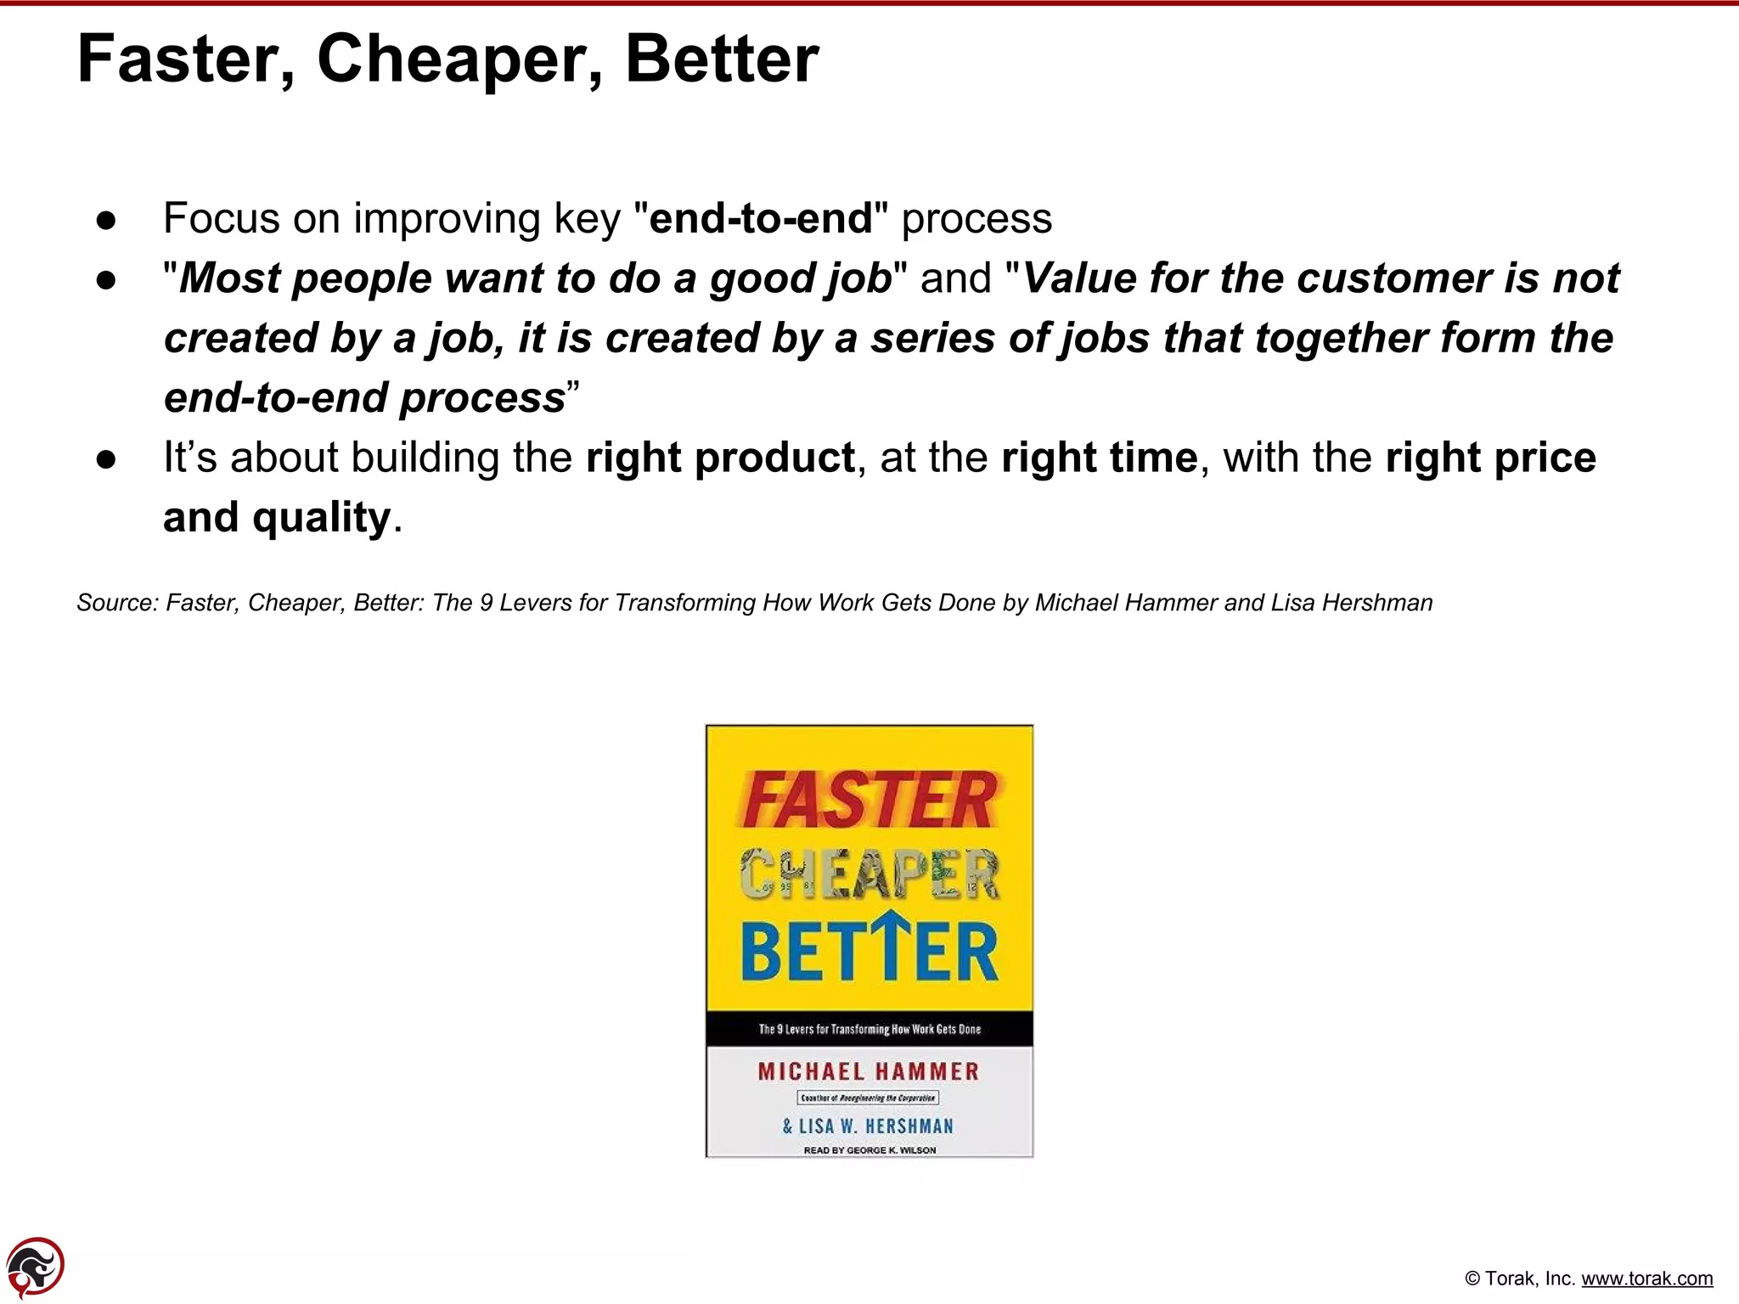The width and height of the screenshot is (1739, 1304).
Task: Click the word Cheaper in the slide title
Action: pyautogui.click(x=459, y=59)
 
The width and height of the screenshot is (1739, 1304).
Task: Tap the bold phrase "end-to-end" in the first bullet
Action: pyautogui.click(x=761, y=218)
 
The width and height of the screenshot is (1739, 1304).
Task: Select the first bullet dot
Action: pyautogui.click(x=106, y=221)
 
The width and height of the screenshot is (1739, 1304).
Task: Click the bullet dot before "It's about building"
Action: pyautogui.click(x=106, y=460)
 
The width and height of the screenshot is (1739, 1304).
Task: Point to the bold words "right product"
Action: pyautogui.click(x=720, y=458)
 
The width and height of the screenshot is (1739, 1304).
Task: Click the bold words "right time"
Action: pyautogui.click(x=1099, y=458)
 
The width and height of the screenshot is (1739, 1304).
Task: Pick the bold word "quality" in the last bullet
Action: pyautogui.click(x=322, y=518)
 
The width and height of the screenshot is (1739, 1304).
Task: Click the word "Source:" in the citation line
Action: pyautogui.click(x=117, y=603)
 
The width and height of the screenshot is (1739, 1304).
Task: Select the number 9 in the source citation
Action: pyautogui.click(x=486, y=603)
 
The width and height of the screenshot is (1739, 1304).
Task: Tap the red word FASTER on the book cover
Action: pyautogui.click(x=869, y=800)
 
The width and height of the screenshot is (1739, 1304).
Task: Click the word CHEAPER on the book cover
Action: pyautogui.click(x=869, y=874)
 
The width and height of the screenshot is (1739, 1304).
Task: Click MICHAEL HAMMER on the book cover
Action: pyautogui.click(x=869, y=1071)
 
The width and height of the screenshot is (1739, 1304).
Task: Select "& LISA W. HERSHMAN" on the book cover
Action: pyautogui.click(x=868, y=1127)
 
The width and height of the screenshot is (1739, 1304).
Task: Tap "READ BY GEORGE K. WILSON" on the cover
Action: pyautogui.click(x=869, y=1150)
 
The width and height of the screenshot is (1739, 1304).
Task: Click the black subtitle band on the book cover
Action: pyautogui.click(x=869, y=1029)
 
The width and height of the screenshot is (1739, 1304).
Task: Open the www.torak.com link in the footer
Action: pyautogui.click(x=1646, y=1279)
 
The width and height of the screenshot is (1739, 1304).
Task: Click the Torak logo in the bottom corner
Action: pyautogui.click(x=35, y=1267)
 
